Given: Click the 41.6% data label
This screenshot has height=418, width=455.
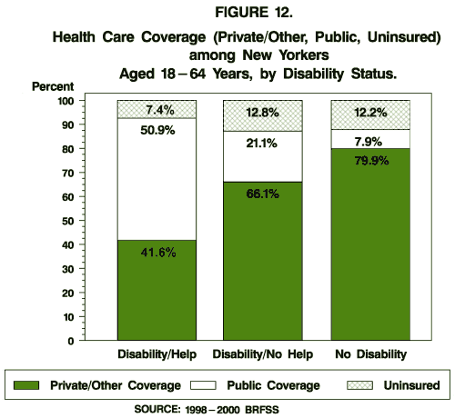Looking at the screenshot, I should coord(157,278).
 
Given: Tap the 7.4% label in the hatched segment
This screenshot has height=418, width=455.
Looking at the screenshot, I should coord(157,108).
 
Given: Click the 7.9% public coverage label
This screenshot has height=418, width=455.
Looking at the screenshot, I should coord(369,140).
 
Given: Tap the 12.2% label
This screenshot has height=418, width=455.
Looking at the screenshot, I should coord(369,113).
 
